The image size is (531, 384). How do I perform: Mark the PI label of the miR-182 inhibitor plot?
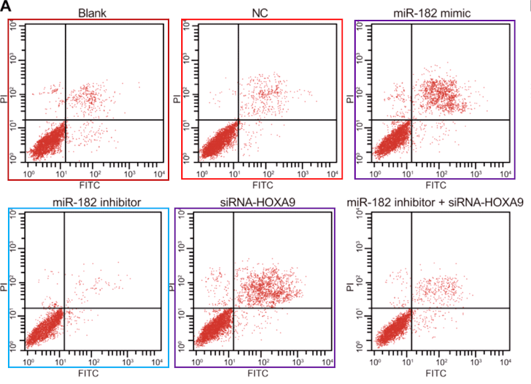(14, 288)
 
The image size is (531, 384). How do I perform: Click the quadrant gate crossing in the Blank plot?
(65, 120)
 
